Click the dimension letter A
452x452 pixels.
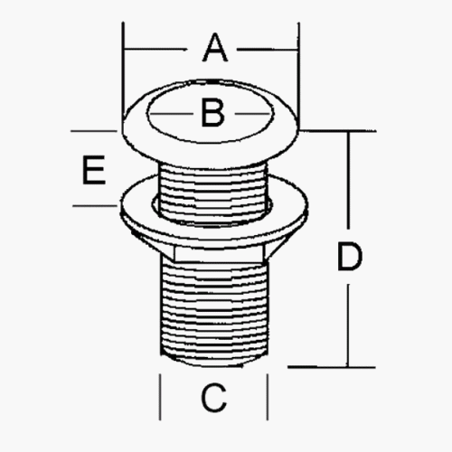pos(215,48)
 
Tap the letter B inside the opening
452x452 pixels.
pos(212,113)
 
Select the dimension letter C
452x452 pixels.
pos(213,398)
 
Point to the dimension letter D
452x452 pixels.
pos(349,257)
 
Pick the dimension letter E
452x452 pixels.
pos(94,170)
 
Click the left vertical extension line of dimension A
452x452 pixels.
pos(123,71)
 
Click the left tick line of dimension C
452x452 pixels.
pos(160,397)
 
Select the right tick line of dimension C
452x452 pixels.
pos(268,397)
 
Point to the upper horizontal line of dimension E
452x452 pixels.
pos(94,131)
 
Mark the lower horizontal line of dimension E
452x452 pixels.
pos(95,206)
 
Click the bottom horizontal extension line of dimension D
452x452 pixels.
pos(332,367)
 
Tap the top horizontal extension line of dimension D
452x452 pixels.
pos(337,131)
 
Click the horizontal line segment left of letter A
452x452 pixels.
pos(155,49)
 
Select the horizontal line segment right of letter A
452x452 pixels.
pos(268,49)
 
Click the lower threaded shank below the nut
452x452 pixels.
pos(214,310)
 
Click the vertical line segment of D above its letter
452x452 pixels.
pos(349,180)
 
